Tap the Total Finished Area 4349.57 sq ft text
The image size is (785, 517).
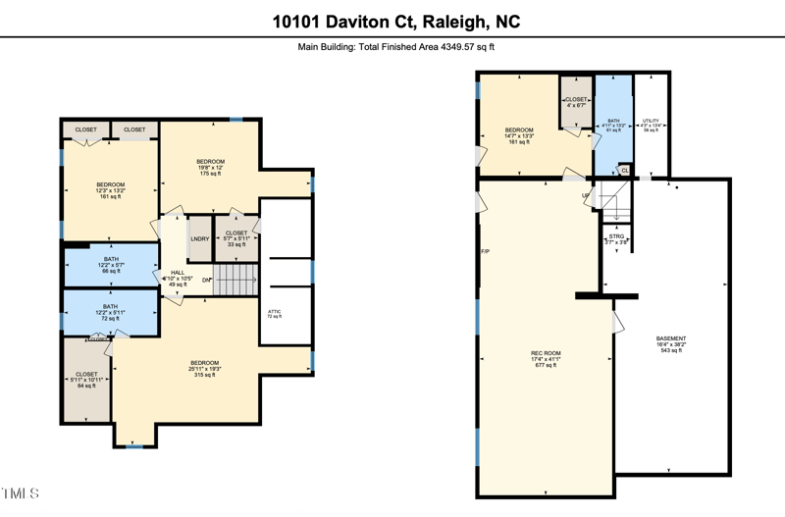(395, 46)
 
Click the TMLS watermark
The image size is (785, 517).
(21, 491)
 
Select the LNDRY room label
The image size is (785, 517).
(199, 238)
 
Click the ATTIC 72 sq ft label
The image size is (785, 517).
(275, 314)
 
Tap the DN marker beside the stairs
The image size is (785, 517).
(207, 282)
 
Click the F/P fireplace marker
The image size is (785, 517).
(485, 252)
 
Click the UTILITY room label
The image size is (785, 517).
(651, 125)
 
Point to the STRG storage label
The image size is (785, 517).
(616, 238)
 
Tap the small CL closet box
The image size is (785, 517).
(624, 170)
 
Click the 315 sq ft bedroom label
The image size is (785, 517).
(205, 368)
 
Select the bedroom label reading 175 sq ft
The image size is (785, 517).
(211, 167)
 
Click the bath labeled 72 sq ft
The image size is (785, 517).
(110, 313)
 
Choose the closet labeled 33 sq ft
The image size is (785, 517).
(236, 237)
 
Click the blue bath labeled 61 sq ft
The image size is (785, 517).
(613, 125)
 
